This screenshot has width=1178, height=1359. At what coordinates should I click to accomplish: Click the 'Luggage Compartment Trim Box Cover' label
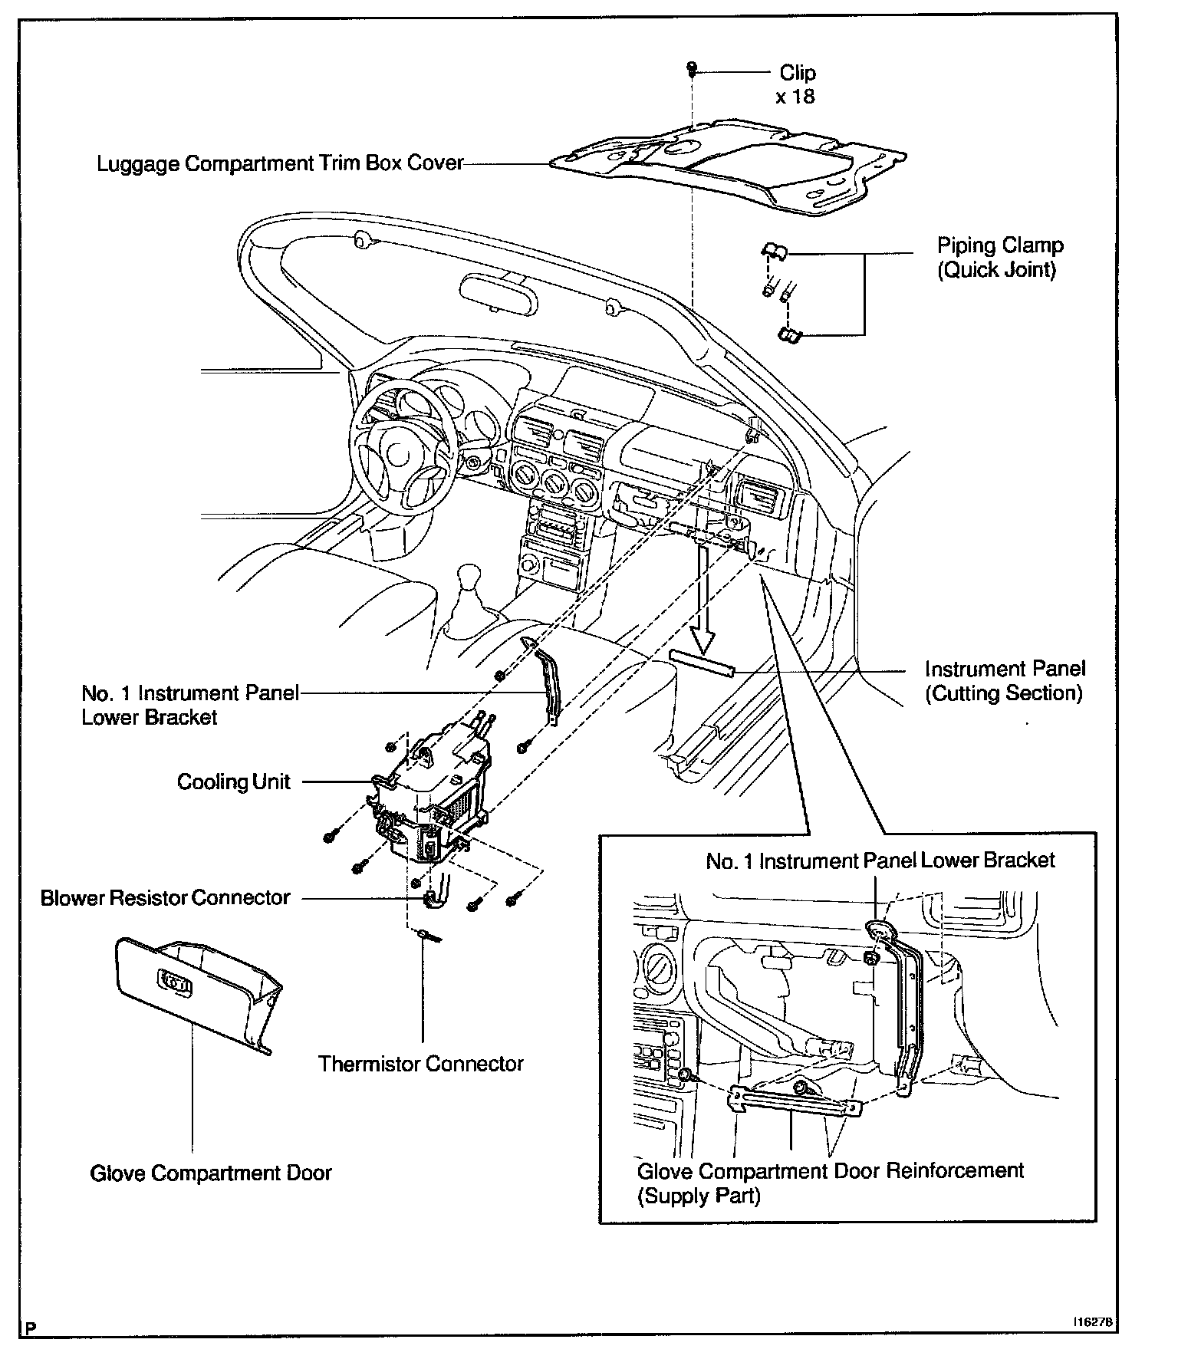pos(280,163)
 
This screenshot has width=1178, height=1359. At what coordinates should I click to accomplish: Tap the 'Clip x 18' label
pos(797,84)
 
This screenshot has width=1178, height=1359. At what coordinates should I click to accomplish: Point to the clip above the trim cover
pos(692,70)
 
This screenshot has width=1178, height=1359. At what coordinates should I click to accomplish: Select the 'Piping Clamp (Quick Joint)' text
pos(1000,258)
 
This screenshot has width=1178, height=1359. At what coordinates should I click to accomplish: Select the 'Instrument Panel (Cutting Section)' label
pos(1005,681)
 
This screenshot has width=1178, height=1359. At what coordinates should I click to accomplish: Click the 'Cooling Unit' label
pos(234,782)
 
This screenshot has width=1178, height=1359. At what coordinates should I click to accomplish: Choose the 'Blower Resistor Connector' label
pos(166,897)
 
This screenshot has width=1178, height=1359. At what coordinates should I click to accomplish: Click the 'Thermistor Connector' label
pos(420,1064)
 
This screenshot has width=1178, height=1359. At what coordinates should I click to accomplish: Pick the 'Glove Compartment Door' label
pos(211,1173)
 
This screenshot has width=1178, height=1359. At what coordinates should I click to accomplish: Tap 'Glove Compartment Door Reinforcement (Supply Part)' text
pos(830,1183)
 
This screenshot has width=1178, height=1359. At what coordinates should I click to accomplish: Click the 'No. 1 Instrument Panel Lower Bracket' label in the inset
pos(880,860)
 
